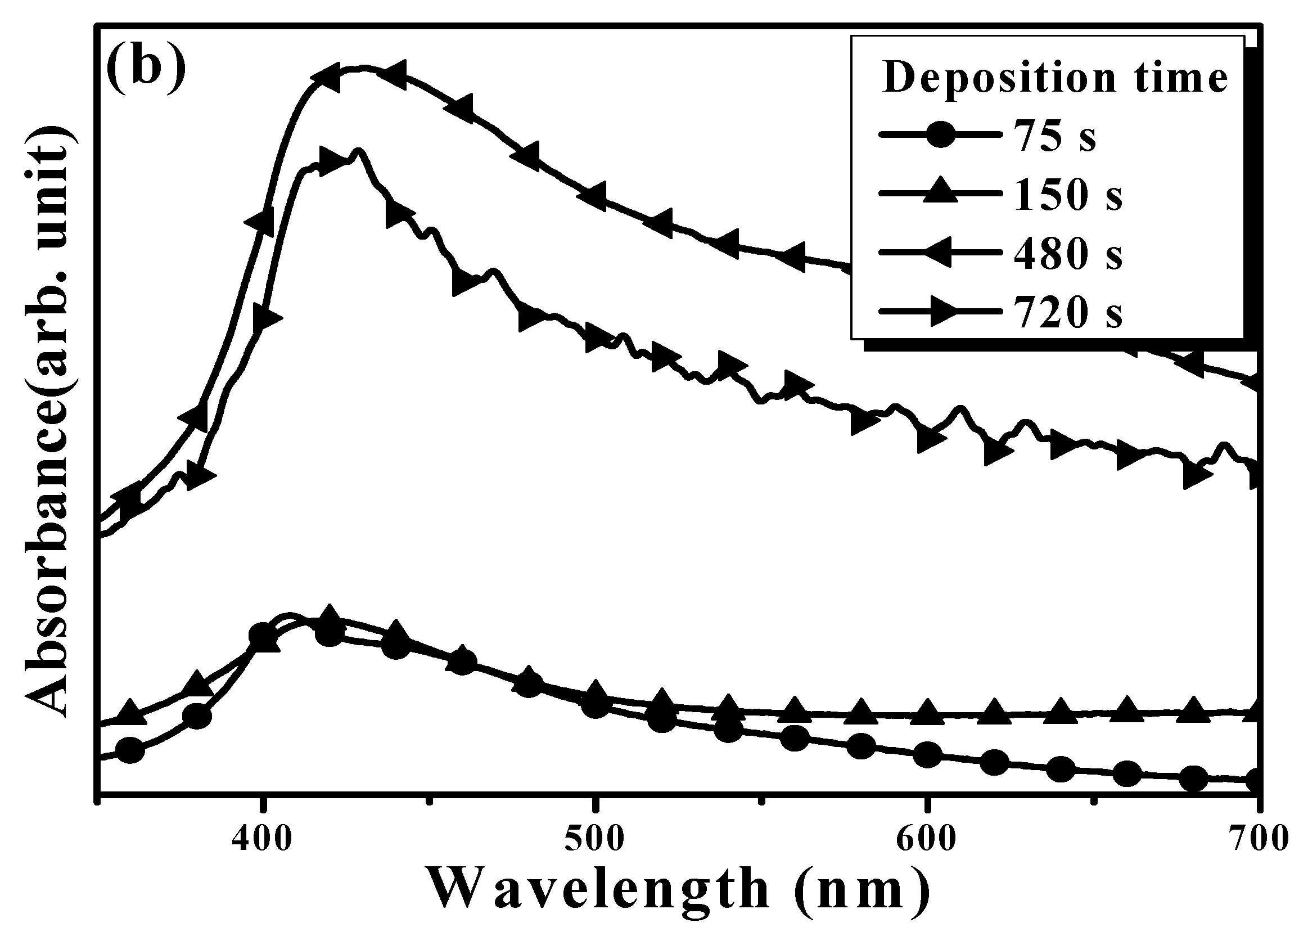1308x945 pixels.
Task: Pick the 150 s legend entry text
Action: point(1068,195)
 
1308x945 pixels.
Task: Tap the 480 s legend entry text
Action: point(1068,254)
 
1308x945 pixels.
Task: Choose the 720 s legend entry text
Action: point(1068,313)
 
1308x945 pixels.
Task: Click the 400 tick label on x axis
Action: point(263,839)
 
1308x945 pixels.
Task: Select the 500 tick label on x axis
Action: point(594,839)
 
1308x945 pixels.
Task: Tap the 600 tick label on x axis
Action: point(927,839)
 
